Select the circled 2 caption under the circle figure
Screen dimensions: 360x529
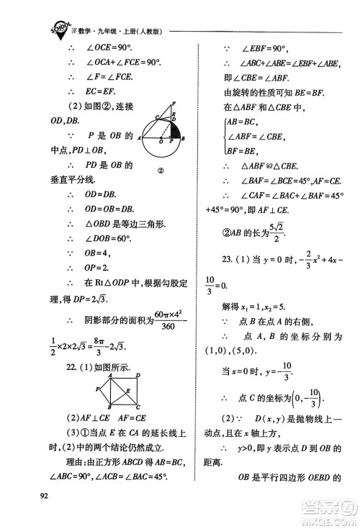[161, 171]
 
